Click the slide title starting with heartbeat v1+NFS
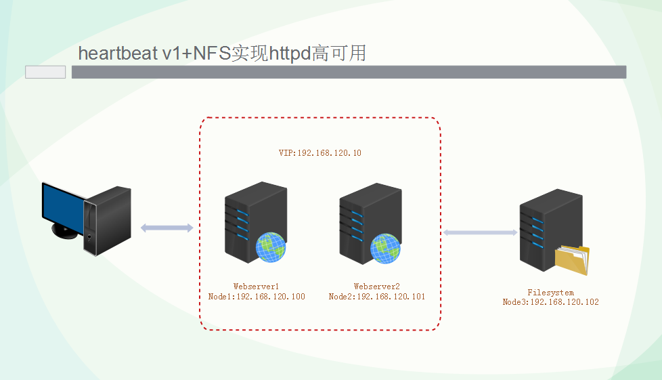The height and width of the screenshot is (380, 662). (x=222, y=53)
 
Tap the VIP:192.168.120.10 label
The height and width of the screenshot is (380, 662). (x=319, y=153)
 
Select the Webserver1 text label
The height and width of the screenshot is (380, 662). (x=256, y=287)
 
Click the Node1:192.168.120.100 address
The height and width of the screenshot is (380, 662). (x=257, y=297)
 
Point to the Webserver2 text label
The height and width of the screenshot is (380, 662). (x=376, y=287)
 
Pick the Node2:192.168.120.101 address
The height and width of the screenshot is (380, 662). (x=376, y=297)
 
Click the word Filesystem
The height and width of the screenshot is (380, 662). (x=550, y=293)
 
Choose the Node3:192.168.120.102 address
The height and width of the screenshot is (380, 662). (x=550, y=302)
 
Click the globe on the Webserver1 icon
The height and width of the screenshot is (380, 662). (x=271, y=247)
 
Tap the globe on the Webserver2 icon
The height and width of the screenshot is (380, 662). (x=385, y=247)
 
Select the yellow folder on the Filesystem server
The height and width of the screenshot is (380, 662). (x=572, y=261)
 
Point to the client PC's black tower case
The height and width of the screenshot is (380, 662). (x=108, y=220)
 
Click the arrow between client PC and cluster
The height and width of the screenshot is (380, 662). (x=167, y=228)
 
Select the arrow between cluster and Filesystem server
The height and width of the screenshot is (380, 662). (x=480, y=232)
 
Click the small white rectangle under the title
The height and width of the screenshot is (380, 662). (x=45, y=72)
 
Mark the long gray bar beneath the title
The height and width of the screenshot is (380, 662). (x=349, y=72)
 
